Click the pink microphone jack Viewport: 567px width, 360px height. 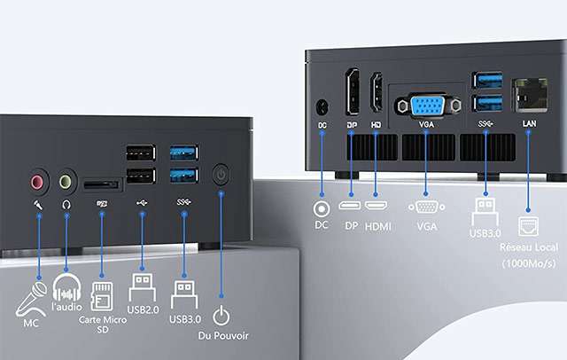pos(37,184)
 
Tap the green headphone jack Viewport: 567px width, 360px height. pos(66,184)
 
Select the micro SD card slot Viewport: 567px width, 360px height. pos(102,185)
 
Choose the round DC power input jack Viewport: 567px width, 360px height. pos(322,106)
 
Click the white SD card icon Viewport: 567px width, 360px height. pos(101,291)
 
